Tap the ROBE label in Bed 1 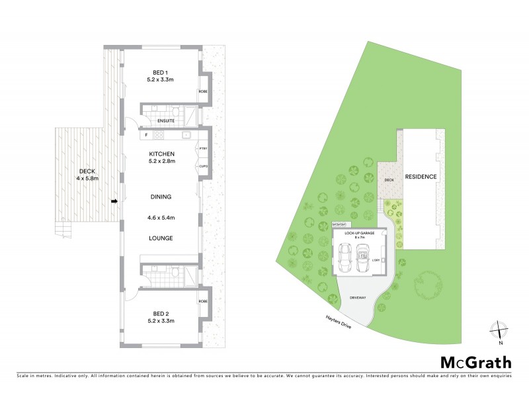tap(203, 92)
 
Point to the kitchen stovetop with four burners tap(159, 135)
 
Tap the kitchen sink tap(187, 135)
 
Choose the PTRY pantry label tap(203, 150)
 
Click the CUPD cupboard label tap(203, 166)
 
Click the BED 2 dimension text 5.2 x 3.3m tap(159, 321)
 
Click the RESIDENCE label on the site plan tap(421, 177)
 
